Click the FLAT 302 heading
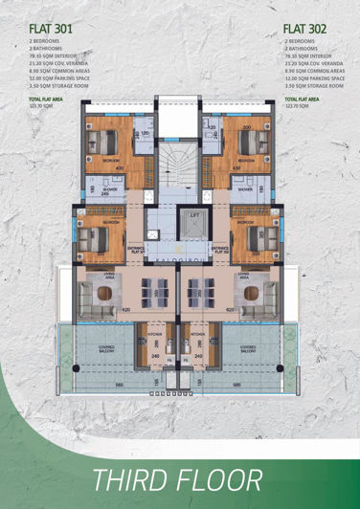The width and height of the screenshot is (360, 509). pos(305,30)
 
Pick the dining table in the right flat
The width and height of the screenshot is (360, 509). pos(203,290)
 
